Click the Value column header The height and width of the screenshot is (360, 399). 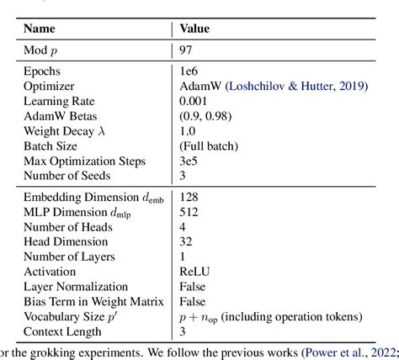[194, 29]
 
